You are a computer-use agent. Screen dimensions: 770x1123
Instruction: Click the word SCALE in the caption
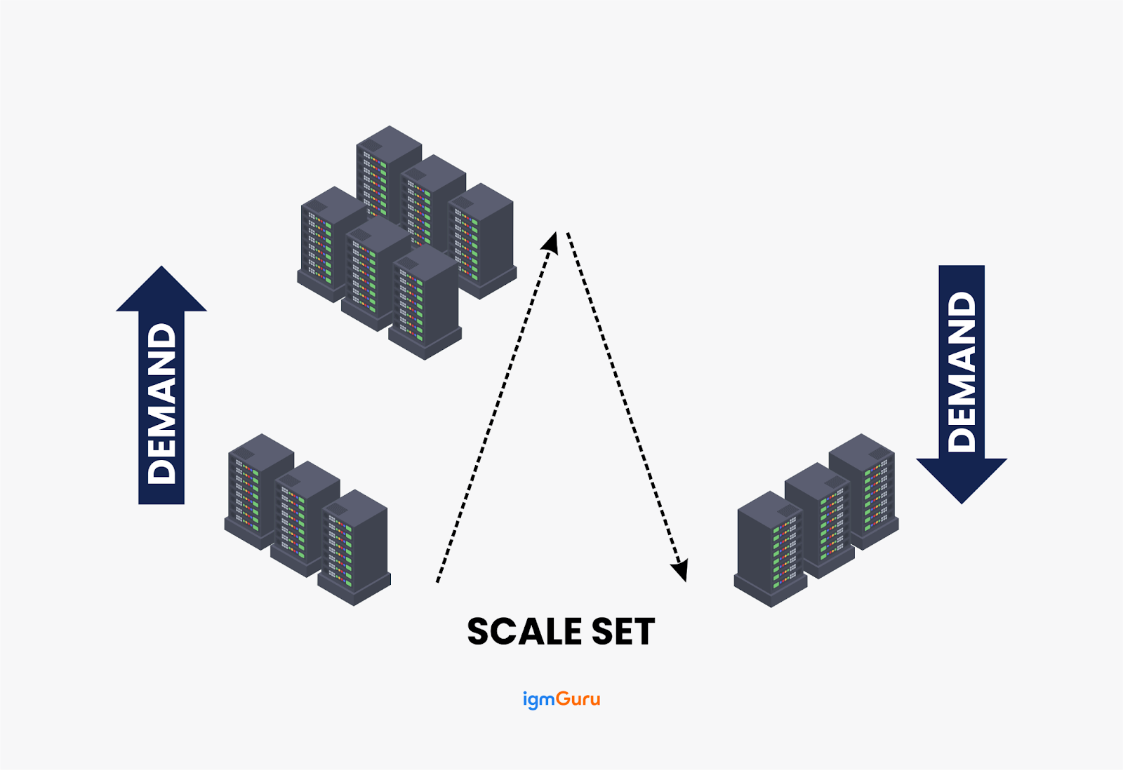pyautogui.click(x=524, y=632)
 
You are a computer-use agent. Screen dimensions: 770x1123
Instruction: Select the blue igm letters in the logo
pyautogui.click(x=538, y=700)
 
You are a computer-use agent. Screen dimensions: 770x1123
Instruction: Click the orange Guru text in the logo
pyautogui.click(x=578, y=699)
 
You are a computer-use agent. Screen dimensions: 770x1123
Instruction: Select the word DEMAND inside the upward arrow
pyautogui.click(x=162, y=403)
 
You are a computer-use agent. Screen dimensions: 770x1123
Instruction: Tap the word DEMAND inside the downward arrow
pyautogui.click(x=962, y=372)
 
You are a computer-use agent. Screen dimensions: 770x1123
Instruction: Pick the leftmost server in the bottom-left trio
pyautogui.click(x=255, y=491)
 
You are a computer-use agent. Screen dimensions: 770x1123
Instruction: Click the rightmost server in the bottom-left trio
pyautogui.click(x=354, y=547)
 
